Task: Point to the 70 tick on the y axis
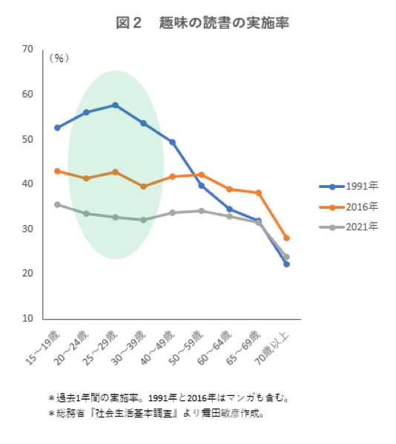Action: (x=28, y=49)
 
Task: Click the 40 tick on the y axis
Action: (x=28, y=184)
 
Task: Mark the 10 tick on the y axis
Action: (x=28, y=319)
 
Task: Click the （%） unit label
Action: (x=59, y=57)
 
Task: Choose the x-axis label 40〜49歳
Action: (x=159, y=349)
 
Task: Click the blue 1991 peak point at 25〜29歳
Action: (x=115, y=105)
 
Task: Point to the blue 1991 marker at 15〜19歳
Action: (x=57, y=128)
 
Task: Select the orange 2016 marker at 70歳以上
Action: (x=286, y=238)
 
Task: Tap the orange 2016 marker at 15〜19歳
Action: (x=57, y=171)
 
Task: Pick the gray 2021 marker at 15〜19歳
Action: (x=57, y=204)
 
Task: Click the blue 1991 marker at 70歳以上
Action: (x=286, y=264)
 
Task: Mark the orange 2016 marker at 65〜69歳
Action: (x=258, y=193)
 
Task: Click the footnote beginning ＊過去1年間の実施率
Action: (x=168, y=398)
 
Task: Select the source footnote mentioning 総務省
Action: (x=156, y=414)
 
